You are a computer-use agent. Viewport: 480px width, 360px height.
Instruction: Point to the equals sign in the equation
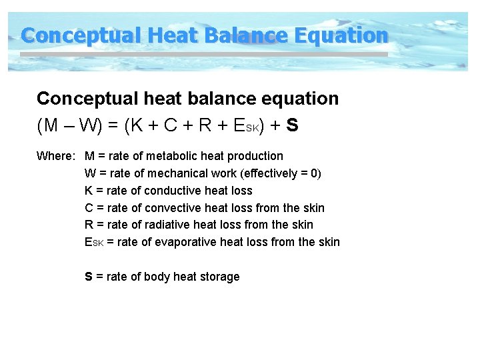pyautogui.click(x=110, y=125)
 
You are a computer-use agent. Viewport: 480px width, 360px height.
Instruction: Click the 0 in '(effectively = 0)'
pyautogui.click(x=315, y=173)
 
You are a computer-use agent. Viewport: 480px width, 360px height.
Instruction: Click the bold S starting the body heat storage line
pyautogui.click(x=89, y=277)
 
